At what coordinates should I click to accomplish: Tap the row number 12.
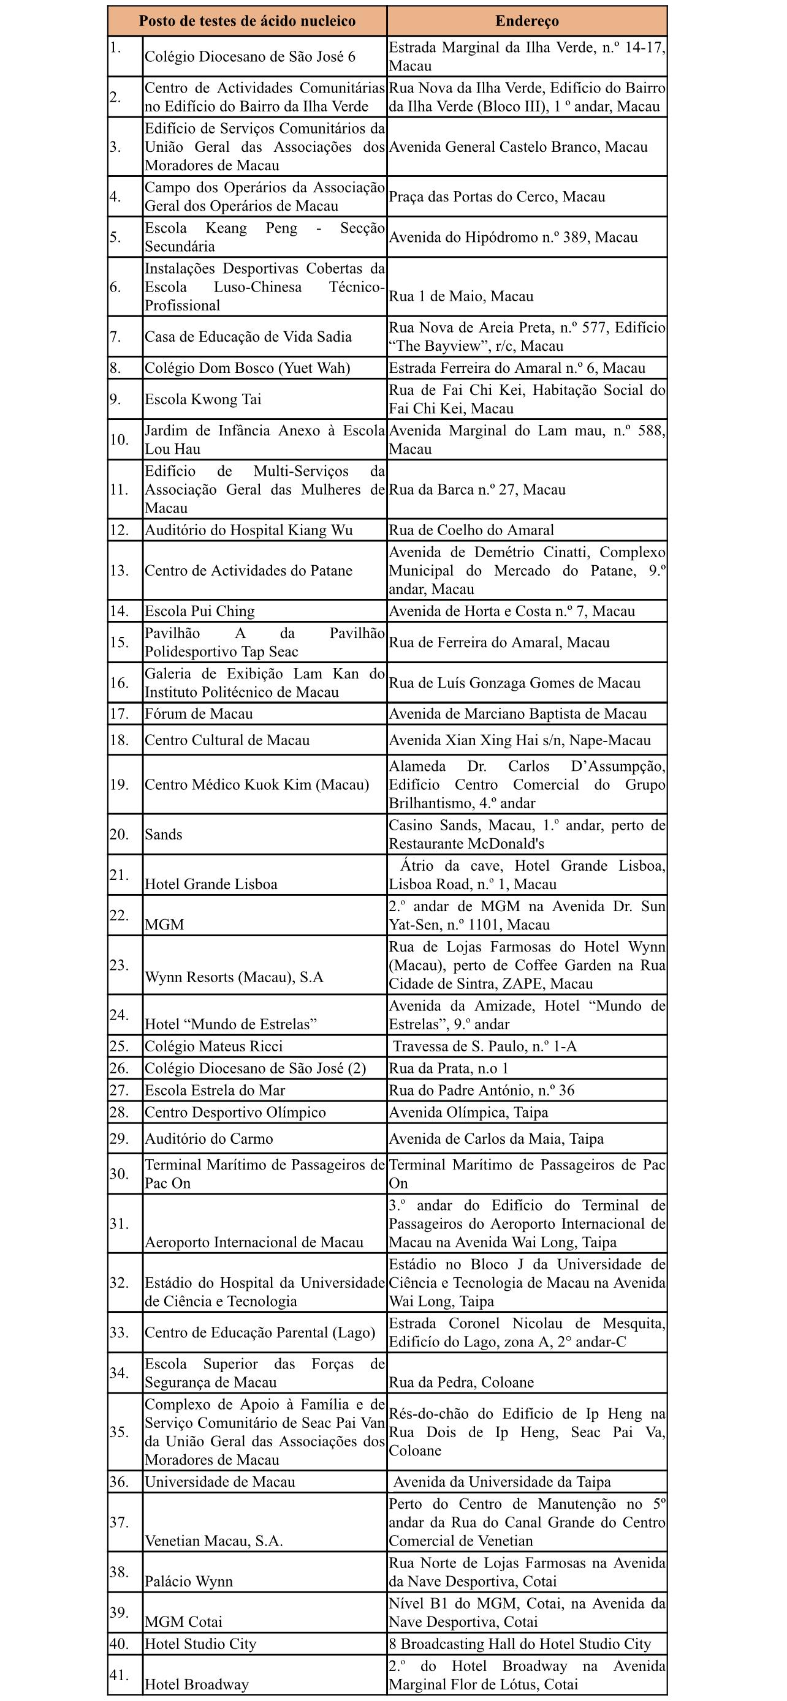(x=120, y=530)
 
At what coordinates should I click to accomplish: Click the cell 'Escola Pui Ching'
(x=200, y=612)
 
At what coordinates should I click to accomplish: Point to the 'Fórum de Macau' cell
(x=199, y=714)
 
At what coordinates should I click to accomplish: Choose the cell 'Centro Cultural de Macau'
(x=227, y=740)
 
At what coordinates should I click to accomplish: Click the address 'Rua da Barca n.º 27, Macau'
(x=477, y=490)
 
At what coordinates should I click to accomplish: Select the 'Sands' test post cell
(x=164, y=835)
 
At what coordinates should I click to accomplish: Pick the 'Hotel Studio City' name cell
(x=200, y=1643)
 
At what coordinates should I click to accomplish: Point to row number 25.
(x=120, y=1046)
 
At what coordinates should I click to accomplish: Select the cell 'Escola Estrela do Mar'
(x=215, y=1090)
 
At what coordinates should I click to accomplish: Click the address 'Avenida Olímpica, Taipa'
(x=468, y=1113)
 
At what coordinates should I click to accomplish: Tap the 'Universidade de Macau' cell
(x=220, y=1482)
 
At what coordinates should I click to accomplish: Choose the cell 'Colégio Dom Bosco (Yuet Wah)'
(x=248, y=369)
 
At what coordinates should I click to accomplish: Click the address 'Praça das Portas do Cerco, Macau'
(x=497, y=197)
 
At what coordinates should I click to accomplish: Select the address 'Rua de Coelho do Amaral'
(x=471, y=530)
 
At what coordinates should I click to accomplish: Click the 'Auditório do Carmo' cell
(x=209, y=1139)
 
